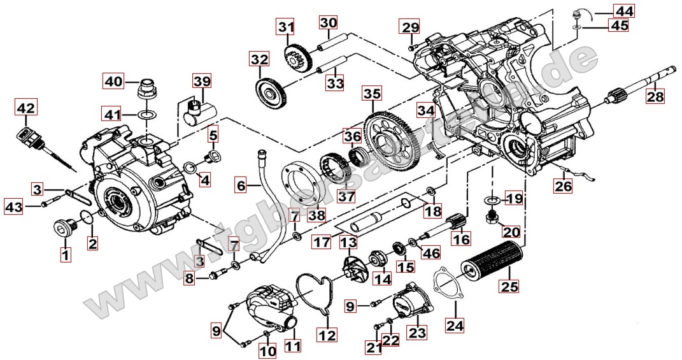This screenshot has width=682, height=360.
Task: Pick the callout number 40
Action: (113, 81)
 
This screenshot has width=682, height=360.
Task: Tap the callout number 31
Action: (286, 27)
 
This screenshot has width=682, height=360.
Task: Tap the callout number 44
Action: (624, 10)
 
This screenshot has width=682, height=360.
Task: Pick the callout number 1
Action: (66, 256)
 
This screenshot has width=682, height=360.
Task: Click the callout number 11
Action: (294, 345)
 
